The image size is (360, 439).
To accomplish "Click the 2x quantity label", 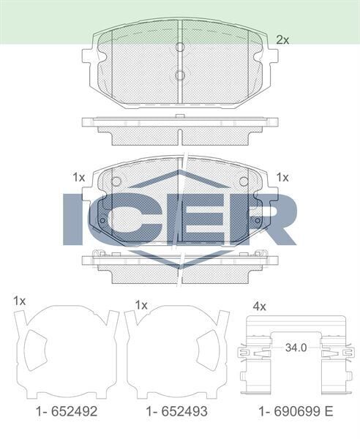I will point(282,40).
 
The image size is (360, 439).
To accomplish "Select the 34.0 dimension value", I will point(296,347).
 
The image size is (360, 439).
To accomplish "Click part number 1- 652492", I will point(65,412).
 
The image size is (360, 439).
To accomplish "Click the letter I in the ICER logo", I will point(76,219).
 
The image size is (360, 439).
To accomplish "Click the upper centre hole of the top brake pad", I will point(180,48).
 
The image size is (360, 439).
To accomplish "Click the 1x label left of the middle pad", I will point(79,177).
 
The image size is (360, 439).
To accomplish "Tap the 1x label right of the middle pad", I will point(282,177).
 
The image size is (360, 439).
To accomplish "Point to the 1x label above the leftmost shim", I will point(20,301).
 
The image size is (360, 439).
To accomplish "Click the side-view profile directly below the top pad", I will point(180,127).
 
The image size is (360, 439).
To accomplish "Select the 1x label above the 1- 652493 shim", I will point(142,304).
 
